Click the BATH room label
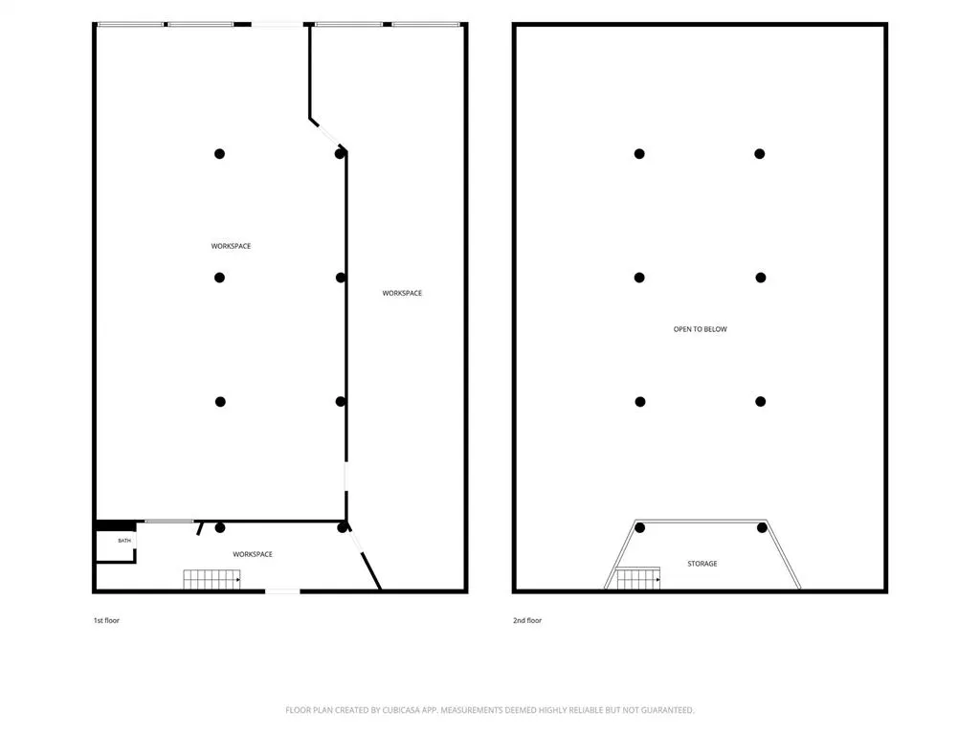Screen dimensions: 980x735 pos(124,541)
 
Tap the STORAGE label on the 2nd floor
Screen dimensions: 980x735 pos(702,564)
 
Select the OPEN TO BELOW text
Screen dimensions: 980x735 pos(700,329)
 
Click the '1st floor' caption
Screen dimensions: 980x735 pos(106,620)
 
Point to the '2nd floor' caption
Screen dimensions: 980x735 pos(527,620)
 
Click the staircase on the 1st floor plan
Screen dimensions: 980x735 pos(212,579)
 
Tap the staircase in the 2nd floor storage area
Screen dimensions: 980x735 pos(638,578)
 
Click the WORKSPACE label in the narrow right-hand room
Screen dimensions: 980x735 pos(402,293)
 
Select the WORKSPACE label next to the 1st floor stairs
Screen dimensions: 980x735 pos(253,554)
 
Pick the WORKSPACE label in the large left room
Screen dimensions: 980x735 pos(231,246)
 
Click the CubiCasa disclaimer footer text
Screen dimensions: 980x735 pos(489,710)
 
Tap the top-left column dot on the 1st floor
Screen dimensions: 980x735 pos(219,154)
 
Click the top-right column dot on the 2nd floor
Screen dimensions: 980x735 pos(759,154)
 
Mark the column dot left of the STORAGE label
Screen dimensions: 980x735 pos(640,528)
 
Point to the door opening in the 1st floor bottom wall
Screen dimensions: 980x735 pos(282,590)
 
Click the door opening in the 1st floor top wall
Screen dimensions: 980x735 pos(277,24)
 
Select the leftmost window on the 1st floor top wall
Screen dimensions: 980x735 pos(130,24)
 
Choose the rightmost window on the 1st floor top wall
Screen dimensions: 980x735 pos(426,24)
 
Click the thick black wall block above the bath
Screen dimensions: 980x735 pos(116,526)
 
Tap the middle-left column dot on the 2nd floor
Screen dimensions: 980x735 pos(639,278)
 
